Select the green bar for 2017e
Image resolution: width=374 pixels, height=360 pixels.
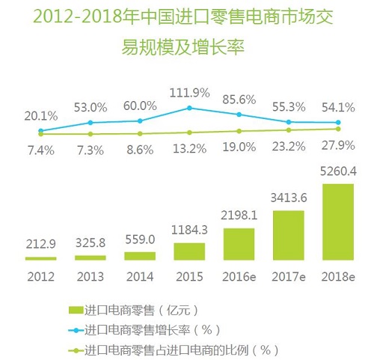click(288, 235)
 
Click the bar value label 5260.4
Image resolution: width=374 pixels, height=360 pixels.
click(337, 174)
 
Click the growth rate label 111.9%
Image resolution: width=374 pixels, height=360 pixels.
click(189, 92)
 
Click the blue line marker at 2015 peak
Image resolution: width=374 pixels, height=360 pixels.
click(189, 108)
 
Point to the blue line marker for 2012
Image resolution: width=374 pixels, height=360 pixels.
click(40, 131)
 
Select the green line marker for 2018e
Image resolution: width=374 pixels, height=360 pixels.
click(338, 129)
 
